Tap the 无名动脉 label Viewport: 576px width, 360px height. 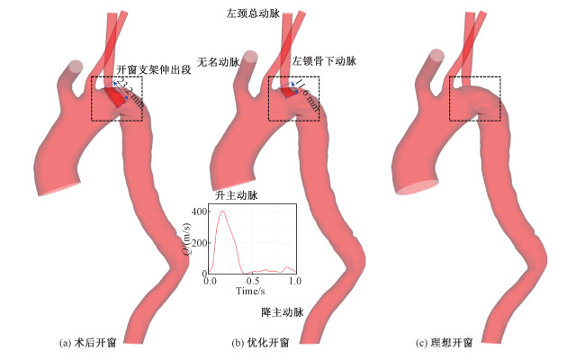click(x=217, y=62)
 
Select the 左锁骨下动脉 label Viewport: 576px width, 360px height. click(x=325, y=62)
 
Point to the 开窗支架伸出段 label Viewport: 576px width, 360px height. click(x=152, y=69)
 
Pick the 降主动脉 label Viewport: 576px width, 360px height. click(x=282, y=312)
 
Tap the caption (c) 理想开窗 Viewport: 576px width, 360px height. click(x=445, y=343)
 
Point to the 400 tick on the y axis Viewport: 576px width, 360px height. click(x=199, y=211)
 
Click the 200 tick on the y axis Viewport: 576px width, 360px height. click(x=199, y=242)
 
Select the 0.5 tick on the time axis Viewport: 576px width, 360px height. click(x=253, y=282)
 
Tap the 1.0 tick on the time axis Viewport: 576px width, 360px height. click(x=294, y=282)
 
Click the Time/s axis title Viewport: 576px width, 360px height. click(x=251, y=292)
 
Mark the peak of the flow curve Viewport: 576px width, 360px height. click(x=222, y=211)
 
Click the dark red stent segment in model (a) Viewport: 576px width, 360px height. click(x=115, y=94)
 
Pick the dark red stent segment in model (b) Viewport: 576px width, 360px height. click(x=287, y=91)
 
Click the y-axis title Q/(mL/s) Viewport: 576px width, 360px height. click(x=186, y=241)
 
